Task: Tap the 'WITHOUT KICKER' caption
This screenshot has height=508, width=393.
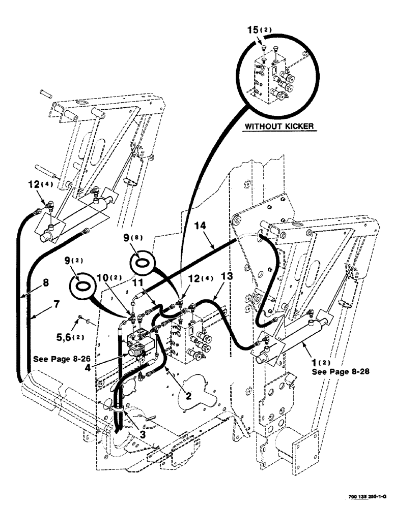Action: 280,125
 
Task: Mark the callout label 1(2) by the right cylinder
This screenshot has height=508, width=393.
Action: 319,363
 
